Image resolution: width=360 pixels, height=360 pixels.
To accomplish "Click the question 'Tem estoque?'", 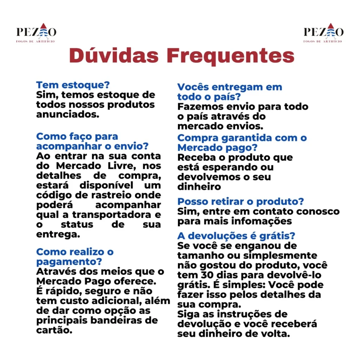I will coord(73,85).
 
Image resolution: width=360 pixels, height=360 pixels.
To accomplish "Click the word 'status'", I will coord(77,224).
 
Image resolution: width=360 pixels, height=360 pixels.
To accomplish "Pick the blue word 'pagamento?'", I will coord(69,262).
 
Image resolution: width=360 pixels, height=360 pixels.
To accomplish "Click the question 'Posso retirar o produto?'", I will coord(240,202).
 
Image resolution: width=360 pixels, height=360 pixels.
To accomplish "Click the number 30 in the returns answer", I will coord(207,275).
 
